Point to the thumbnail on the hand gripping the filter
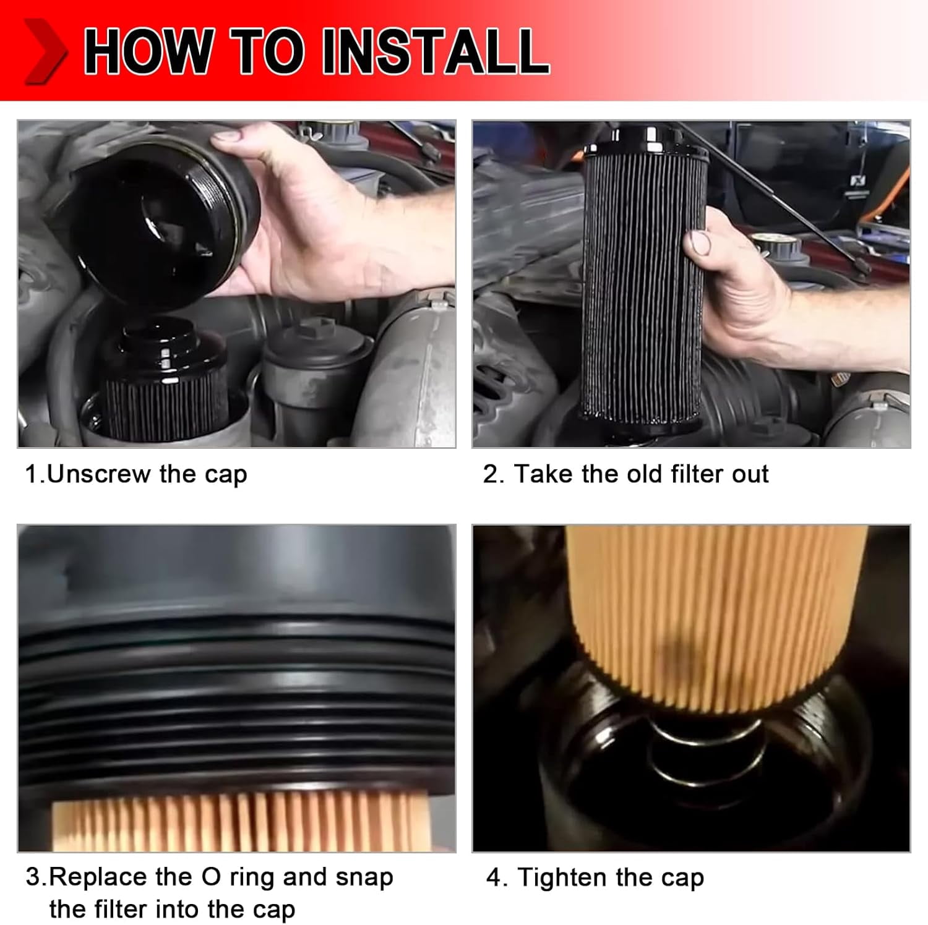point(698,242)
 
